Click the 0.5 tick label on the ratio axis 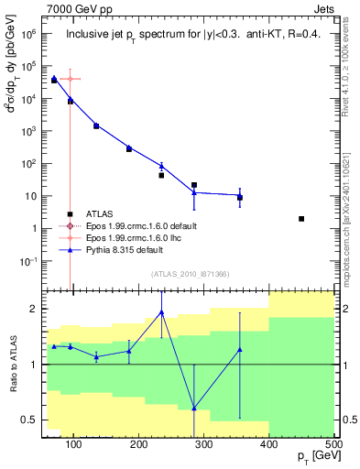click(31, 420)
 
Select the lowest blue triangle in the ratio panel click(194, 408)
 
